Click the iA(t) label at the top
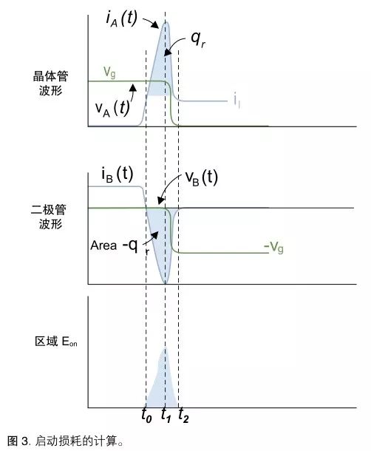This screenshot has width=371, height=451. pyautogui.click(x=121, y=18)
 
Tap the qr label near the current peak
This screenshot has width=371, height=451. pyautogui.click(x=198, y=39)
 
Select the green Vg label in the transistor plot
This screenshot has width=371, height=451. pyautogui.click(x=109, y=72)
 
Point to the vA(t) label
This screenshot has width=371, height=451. pyautogui.click(x=112, y=109)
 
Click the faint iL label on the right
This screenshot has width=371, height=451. pyautogui.click(x=237, y=101)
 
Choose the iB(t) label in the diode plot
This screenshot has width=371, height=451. pyautogui.click(x=117, y=174)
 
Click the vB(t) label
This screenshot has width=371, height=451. pyautogui.click(x=201, y=177)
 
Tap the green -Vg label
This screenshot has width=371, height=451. pyautogui.click(x=273, y=247)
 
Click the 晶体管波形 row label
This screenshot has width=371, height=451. pyautogui.click(x=50, y=84)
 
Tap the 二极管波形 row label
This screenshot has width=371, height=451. pyautogui.click(x=49, y=217)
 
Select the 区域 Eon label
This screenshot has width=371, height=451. pyautogui.click(x=55, y=342)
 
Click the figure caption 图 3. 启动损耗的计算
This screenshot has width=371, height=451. pyautogui.click(x=66, y=441)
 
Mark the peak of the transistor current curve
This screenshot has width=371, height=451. pyautogui.click(x=166, y=22)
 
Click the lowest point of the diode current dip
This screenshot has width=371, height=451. pyautogui.click(x=166, y=283)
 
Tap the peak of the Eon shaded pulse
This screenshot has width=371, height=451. pyautogui.click(x=166, y=347)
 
